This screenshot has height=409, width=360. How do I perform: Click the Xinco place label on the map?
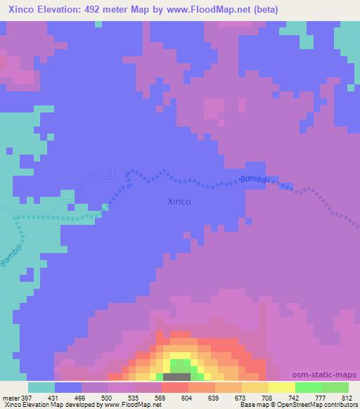tap(179, 201)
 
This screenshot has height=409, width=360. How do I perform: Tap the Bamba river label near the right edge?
tap(253, 179)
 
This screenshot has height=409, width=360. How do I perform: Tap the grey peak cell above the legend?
tap(180, 377)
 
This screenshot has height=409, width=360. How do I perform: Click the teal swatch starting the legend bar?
tap(41, 387)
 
